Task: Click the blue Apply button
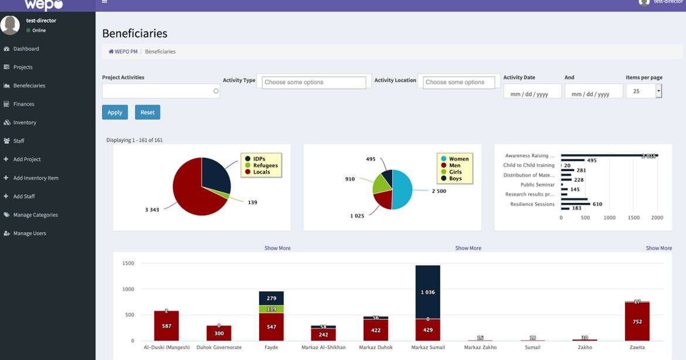tap(115, 112)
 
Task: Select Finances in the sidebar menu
tap(23, 104)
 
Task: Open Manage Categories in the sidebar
tap(35, 215)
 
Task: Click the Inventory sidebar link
tap(25, 123)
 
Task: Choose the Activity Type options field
tap(314, 83)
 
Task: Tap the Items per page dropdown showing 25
tap(644, 91)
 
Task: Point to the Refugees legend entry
tap(265, 165)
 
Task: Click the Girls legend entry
tap(455, 172)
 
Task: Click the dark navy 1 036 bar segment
tap(427, 291)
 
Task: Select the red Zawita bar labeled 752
tap(637, 321)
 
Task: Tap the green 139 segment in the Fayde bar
tap(271, 309)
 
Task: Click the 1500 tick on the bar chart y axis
tap(128, 263)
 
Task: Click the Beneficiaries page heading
tap(135, 33)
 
